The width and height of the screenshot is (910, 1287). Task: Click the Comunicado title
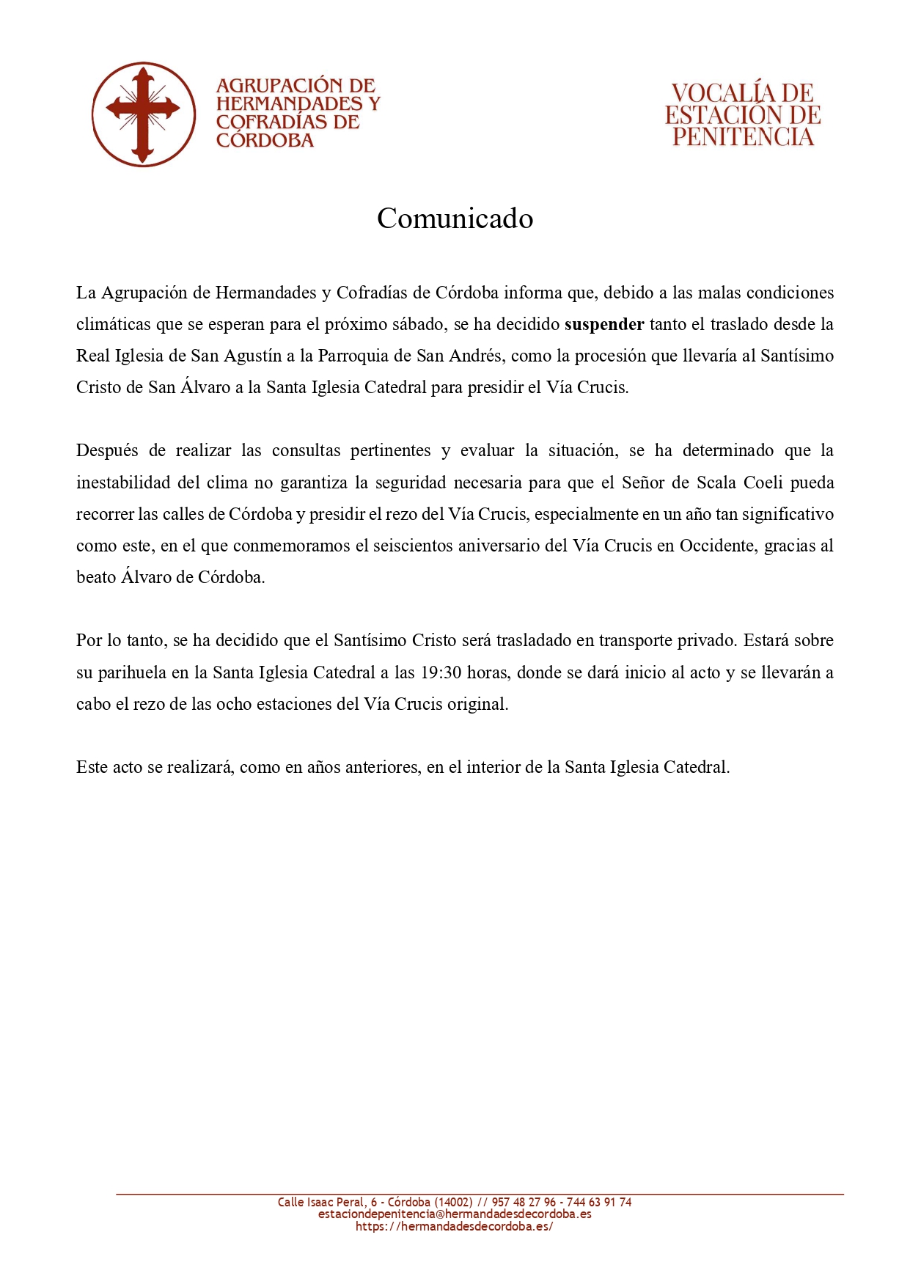[455, 219]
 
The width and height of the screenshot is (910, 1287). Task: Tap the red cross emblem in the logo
[143, 114]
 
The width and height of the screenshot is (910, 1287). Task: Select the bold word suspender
[604, 324]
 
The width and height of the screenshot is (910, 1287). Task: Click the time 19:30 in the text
[441, 672]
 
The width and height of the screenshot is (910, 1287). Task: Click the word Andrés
[476, 356]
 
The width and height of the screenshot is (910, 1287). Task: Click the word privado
[705, 640]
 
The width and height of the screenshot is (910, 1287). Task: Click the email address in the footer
[455, 1214]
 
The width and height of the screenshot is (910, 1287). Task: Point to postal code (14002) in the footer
[453, 1202]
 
